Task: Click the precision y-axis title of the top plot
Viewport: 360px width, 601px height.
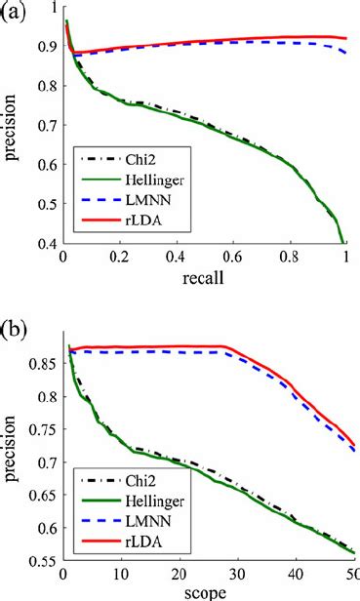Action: tap(11, 133)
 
